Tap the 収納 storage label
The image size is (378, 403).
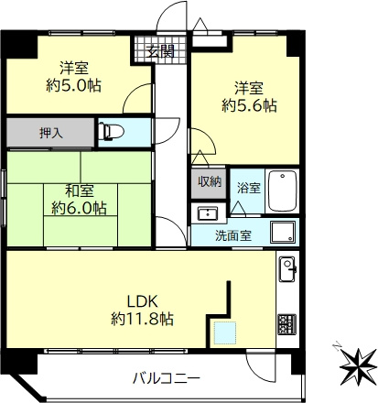pos(209,181)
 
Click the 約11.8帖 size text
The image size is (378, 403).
pos(143,320)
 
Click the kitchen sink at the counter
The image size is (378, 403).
pos(287,269)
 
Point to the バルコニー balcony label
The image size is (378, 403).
pos(165,377)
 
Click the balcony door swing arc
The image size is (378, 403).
pos(258,364)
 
